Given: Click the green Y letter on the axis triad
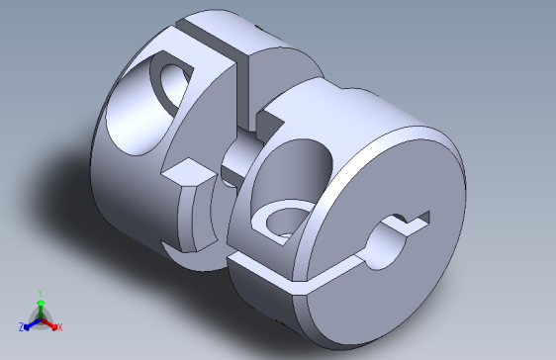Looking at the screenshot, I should click(x=40, y=292).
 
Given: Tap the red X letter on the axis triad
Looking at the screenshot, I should click(x=59, y=327).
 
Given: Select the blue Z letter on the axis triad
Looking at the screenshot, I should click(x=21, y=327).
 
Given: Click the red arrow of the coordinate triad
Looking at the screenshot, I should click(x=50, y=322).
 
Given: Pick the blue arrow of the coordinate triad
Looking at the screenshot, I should click(x=30, y=322).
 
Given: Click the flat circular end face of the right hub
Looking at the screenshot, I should click(x=396, y=267).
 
